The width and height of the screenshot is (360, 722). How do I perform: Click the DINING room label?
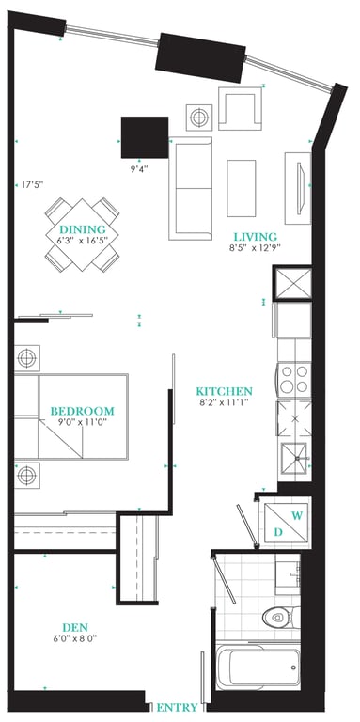coord(83,229)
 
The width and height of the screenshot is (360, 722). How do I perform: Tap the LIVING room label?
coord(256,237)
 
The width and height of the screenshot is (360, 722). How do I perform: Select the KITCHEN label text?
coord(225,392)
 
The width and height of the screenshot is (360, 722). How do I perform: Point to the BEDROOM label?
coord(83,411)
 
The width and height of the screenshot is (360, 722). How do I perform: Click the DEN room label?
coord(75,628)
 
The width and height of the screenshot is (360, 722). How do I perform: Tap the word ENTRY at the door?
coord(178,707)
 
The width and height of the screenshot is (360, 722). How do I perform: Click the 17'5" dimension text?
coord(32,185)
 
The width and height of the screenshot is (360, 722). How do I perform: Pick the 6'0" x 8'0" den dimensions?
coord(75,638)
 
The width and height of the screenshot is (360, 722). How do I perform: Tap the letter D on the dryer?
coord(278,532)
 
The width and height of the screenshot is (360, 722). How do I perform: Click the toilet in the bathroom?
coord(281,617)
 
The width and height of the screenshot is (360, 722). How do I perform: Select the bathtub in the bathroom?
coord(258,667)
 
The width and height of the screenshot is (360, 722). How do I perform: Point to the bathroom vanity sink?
coord(288,574)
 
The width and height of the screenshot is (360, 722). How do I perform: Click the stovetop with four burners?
coord(293,379)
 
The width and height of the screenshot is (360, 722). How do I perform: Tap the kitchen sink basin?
coord(294,458)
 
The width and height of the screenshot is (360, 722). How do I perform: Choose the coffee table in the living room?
coord(242,188)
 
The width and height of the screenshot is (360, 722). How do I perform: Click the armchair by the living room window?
coord(240,109)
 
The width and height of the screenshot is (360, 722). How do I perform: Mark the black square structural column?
coord(145,137)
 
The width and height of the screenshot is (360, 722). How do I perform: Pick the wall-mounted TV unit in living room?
coord(298,188)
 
